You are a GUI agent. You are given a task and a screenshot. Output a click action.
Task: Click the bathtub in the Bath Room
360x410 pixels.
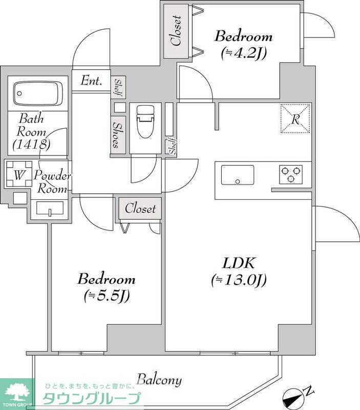click(38, 94)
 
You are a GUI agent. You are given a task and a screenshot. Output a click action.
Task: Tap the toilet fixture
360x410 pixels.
click(146, 121)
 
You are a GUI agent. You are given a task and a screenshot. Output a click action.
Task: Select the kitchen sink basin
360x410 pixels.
click(238, 175)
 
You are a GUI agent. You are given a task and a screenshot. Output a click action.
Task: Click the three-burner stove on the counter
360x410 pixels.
click(291, 174)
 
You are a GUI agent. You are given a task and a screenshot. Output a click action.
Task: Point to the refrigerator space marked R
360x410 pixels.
click(295, 119)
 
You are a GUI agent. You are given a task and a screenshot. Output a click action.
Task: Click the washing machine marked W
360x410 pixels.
click(19, 174)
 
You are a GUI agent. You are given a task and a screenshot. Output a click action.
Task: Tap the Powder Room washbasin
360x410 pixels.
click(50, 209)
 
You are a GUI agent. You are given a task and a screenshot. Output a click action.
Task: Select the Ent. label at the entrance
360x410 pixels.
click(91, 80)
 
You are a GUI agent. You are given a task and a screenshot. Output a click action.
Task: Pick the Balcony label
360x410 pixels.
click(159, 380)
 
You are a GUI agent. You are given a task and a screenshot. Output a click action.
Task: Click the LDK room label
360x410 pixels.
click(238, 263)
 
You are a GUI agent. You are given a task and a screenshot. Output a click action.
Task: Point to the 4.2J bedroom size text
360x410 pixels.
click(243, 54)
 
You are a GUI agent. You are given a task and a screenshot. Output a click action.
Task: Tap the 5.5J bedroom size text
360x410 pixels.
click(107, 296)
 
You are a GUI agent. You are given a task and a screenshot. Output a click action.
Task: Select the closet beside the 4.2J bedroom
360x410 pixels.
click(176, 31)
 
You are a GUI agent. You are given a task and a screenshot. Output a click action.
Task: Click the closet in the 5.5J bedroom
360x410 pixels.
click(140, 209)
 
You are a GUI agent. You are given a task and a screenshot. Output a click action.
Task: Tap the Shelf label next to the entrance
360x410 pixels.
click(118, 87)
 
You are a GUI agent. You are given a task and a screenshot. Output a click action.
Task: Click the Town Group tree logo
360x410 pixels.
click(17, 393)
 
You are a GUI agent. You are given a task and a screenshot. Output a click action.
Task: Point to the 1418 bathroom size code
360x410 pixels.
click(32, 144)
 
